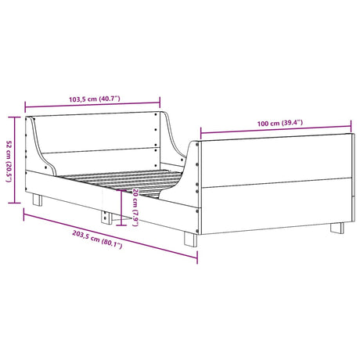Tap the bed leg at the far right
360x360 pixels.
tap(337, 229)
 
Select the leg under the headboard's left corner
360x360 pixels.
tap(36, 200)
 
